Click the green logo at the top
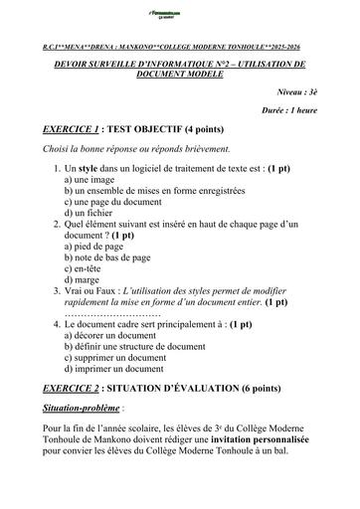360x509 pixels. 179,12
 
